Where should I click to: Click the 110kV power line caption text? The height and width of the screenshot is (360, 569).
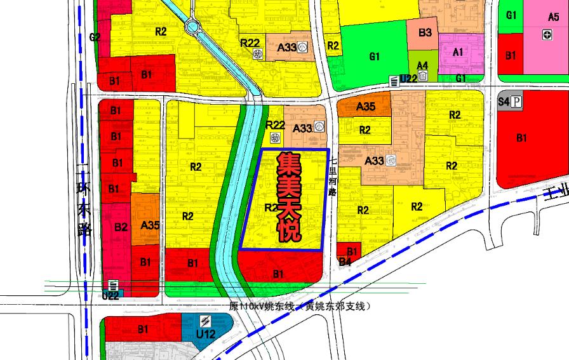click(299, 306)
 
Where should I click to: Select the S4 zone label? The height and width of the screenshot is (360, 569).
click(504, 102)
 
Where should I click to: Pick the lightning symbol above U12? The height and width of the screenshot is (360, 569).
click(205, 320)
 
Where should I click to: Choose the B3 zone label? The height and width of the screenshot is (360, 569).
click(425, 32)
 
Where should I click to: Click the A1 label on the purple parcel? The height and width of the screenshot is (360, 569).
click(458, 53)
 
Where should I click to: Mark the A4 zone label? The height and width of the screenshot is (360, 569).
click(422, 65)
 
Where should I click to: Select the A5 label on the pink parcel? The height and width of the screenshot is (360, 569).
click(552, 18)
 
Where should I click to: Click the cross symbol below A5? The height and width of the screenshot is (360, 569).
click(547, 35)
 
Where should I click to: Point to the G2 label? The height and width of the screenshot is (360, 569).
click(95, 37)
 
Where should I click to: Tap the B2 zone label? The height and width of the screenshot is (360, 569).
click(121, 226)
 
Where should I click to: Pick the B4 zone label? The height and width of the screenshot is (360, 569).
click(345, 261)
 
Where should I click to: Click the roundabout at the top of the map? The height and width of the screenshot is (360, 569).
click(192, 27)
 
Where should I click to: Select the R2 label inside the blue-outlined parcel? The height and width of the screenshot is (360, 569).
click(271, 207)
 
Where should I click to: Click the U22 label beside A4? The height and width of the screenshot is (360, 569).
click(408, 79)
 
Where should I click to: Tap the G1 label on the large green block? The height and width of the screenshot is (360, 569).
click(375, 57)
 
